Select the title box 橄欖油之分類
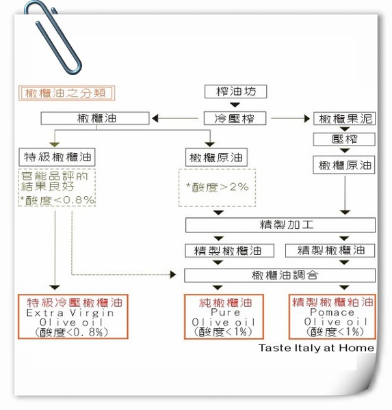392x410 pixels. (x=66, y=93)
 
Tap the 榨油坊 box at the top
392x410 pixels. (x=235, y=92)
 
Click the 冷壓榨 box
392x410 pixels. (x=235, y=118)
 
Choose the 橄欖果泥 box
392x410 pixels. (x=344, y=119)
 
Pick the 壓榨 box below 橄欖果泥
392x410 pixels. (x=344, y=139)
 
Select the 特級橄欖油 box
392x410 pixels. (x=57, y=157)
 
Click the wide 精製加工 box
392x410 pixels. (x=280, y=225)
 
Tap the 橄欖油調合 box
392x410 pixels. (x=280, y=275)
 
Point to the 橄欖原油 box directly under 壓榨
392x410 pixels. (x=344, y=165)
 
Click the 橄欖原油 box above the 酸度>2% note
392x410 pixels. (x=216, y=157)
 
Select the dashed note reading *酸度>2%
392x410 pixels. (x=217, y=187)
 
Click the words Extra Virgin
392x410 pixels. (x=70, y=313)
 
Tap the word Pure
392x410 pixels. (x=226, y=312)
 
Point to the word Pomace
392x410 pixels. (x=332, y=312)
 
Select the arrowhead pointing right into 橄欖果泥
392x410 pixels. (x=307, y=119)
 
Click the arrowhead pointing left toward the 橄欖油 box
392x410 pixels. (x=155, y=118)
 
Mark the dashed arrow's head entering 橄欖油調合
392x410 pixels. (x=173, y=275)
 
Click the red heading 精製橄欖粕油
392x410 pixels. (x=332, y=302)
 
